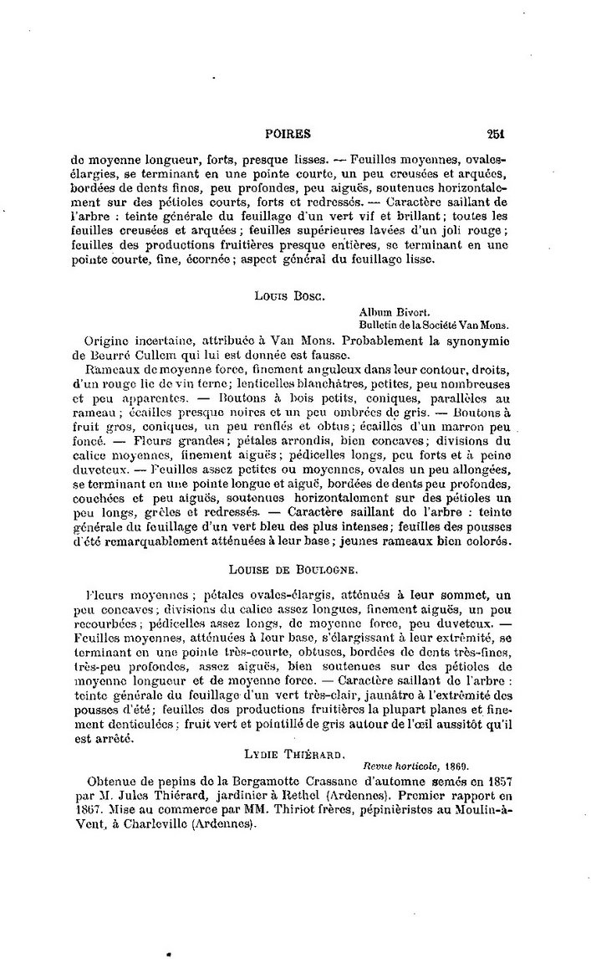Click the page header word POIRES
pos(287,132)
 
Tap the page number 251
pos(497,132)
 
